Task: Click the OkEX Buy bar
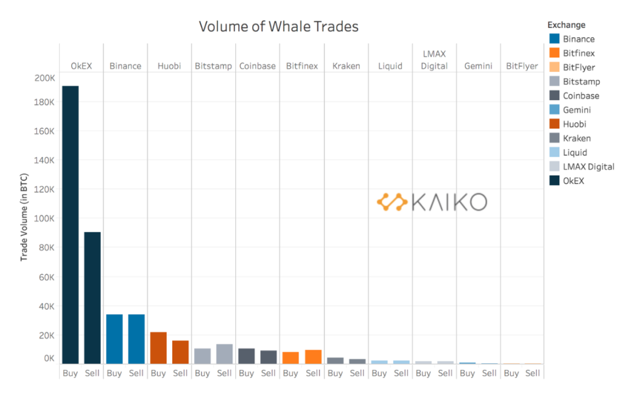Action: tap(70, 225)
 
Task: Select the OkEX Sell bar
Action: tap(92, 298)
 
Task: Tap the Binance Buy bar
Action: tap(114, 339)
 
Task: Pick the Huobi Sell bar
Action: tap(180, 352)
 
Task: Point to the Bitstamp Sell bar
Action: tap(224, 354)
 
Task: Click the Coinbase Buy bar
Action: tap(247, 356)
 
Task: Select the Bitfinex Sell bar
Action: tap(313, 357)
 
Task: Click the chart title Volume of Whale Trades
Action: tap(278, 27)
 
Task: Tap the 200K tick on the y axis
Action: tap(45, 78)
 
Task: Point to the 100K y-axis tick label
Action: tap(45, 218)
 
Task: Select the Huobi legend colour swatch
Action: tap(554, 124)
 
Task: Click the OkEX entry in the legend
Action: tap(573, 181)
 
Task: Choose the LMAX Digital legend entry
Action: tap(588, 167)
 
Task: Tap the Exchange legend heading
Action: tap(566, 25)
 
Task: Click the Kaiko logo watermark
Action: tap(432, 202)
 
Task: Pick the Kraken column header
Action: tap(346, 66)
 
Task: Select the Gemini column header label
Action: tap(478, 66)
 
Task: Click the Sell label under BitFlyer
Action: tap(533, 373)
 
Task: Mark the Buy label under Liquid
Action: tap(379, 373)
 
